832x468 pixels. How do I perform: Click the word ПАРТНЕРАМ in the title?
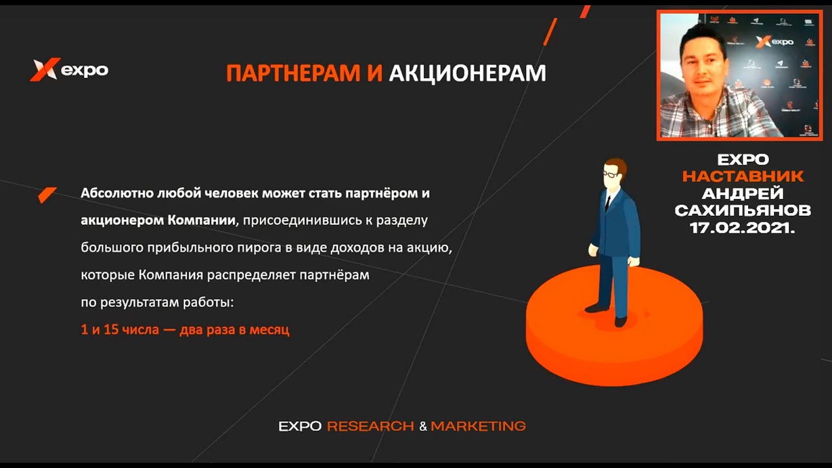tap(293, 72)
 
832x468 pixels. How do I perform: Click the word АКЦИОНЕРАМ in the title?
tap(467, 73)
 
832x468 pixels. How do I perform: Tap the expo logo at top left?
tap(69, 70)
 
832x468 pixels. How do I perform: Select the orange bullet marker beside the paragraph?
tap(47, 194)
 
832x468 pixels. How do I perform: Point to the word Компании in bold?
tap(201, 220)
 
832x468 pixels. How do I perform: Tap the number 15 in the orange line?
tap(110, 330)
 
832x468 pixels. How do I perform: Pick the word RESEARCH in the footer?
tap(370, 426)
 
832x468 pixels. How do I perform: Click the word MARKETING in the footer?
tap(478, 426)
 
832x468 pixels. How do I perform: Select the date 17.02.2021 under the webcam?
tap(742, 227)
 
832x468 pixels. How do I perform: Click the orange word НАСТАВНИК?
tap(743, 176)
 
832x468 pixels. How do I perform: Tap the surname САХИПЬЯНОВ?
tap(743, 211)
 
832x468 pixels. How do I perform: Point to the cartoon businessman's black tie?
tap(608, 203)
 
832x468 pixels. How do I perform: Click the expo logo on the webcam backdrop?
tap(774, 42)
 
